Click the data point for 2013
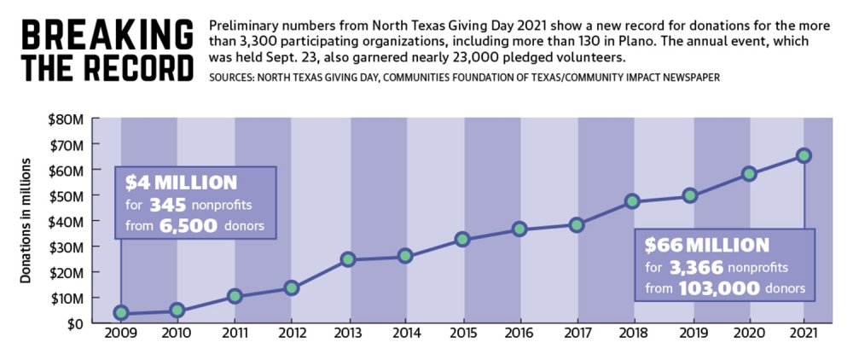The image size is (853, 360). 348,259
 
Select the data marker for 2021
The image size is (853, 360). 804,155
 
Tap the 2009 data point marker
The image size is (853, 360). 121,313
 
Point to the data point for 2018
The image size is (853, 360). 632,201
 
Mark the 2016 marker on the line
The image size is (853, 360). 519,229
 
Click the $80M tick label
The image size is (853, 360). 67,119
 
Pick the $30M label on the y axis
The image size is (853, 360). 67,247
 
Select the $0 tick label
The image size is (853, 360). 76,323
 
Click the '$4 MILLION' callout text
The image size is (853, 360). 181,183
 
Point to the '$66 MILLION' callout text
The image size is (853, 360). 707,245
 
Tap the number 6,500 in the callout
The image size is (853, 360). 189,226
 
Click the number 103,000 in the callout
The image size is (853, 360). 718,288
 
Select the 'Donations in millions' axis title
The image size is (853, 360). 25,223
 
